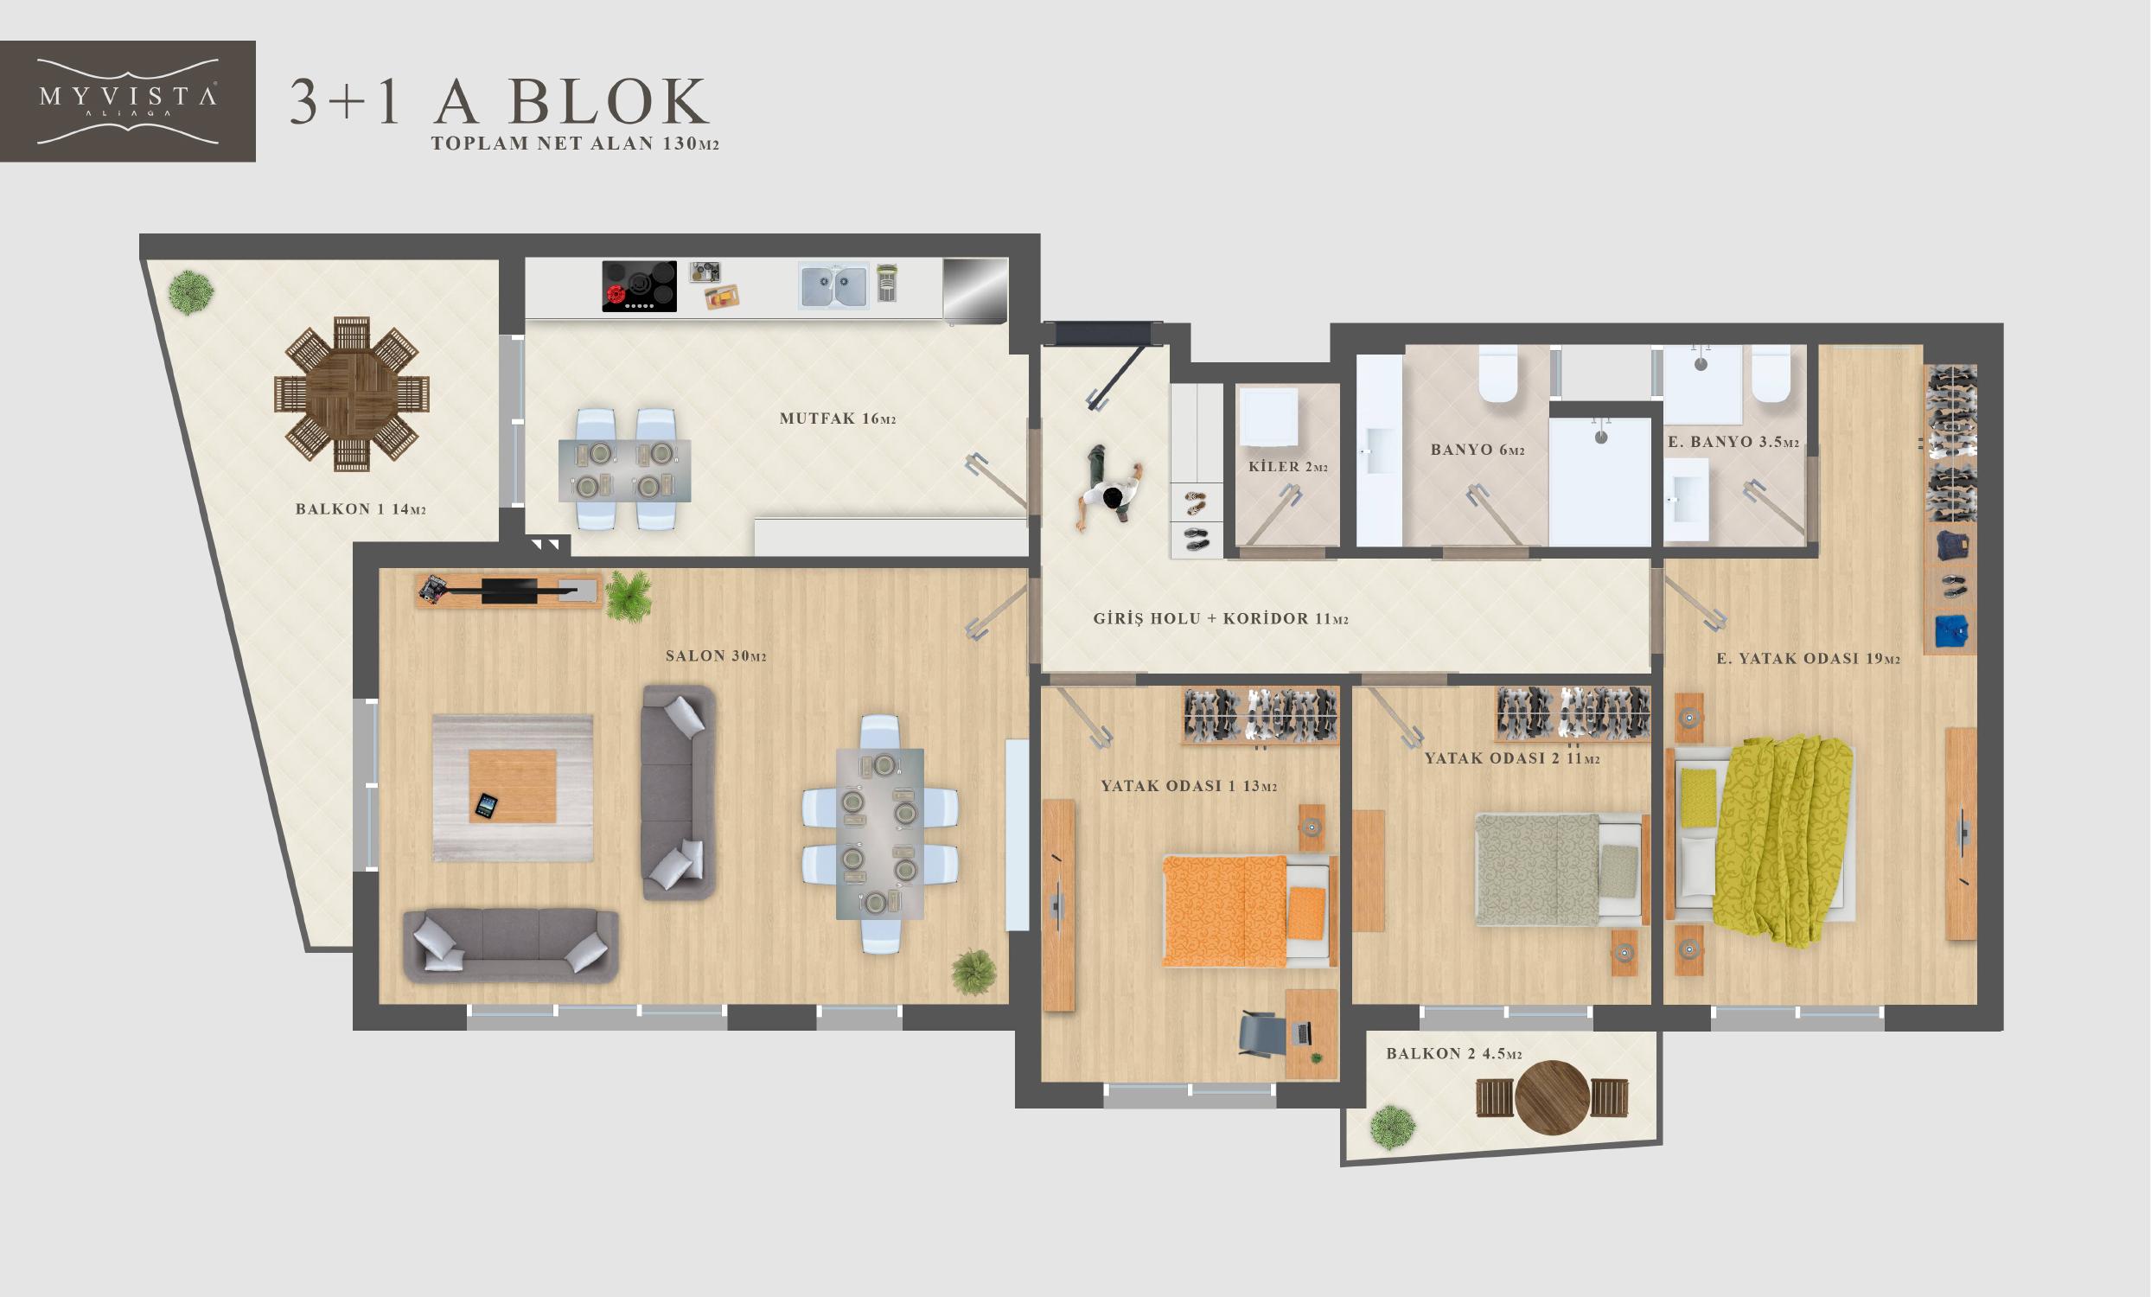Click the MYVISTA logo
click(127, 101)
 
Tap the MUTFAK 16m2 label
click(838, 419)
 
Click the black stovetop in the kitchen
click(639, 286)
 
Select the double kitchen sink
click(833, 287)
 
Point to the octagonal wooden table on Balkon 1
click(352, 393)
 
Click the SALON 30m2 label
click(716, 655)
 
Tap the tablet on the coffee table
click(486, 806)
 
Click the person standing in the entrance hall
click(1108, 489)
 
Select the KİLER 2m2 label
click(1287, 467)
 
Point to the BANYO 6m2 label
click(1477, 450)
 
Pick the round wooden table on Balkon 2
click(1551, 1097)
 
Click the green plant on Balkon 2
click(1393, 1127)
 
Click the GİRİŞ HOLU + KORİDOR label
click(1221, 619)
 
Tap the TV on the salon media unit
click(511, 591)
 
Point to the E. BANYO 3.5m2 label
click(1733, 443)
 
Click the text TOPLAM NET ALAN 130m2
click(575, 144)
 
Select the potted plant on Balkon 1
click(190, 292)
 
